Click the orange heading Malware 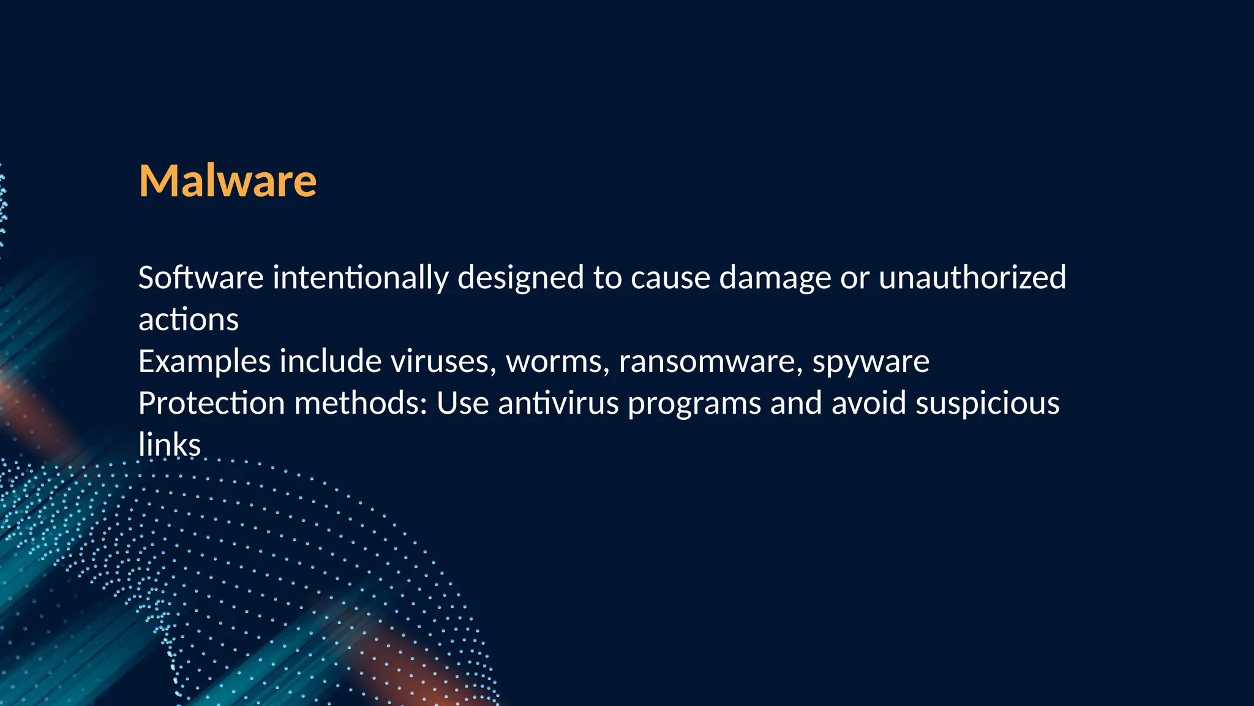point(228,181)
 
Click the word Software point(201,278)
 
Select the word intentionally point(361,279)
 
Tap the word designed point(520,279)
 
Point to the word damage point(775,279)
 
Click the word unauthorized point(972,278)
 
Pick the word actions point(189,320)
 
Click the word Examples point(205,362)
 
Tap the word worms point(557,362)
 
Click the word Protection point(211,404)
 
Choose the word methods point(360,404)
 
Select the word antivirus point(558,404)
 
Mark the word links point(170,446)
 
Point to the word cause point(670,279)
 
